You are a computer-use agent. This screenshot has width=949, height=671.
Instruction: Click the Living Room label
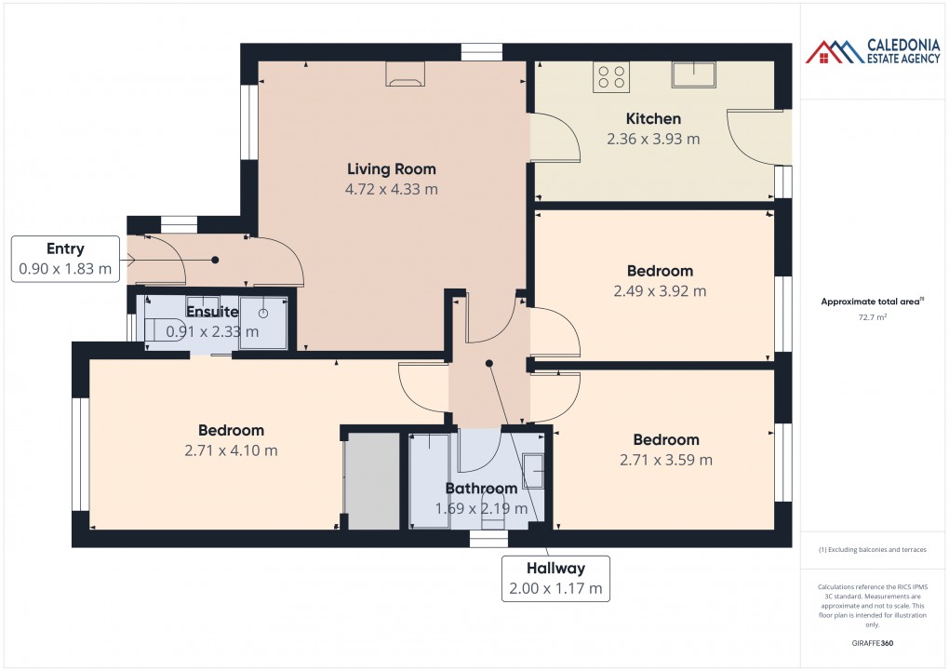tap(391, 169)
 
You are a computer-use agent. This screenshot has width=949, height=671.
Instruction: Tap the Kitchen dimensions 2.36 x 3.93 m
tap(653, 139)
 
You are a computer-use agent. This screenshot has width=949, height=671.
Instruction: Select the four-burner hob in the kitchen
tap(610, 76)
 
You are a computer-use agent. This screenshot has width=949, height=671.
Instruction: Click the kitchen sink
tap(694, 74)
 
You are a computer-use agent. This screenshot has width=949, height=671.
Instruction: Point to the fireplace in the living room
tap(405, 74)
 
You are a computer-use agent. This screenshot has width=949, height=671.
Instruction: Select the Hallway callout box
tap(555, 579)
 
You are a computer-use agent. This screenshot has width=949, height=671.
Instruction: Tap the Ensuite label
tap(212, 312)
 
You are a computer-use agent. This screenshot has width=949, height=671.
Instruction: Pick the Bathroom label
tap(480, 489)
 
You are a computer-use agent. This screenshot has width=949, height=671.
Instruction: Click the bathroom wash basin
tap(533, 470)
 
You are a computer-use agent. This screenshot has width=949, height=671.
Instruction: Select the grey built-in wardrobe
tap(371, 483)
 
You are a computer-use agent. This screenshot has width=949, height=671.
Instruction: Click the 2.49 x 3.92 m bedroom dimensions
tap(660, 291)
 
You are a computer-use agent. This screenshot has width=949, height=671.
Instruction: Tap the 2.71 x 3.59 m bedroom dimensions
tap(666, 460)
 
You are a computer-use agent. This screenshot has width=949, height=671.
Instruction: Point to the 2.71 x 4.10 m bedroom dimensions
tap(231, 450)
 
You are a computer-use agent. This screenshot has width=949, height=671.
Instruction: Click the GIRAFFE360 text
tap(873, 643)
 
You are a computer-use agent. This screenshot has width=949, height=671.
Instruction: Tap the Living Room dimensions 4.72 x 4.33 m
tap(391, 189)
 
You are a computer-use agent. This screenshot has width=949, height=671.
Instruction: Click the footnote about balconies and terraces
tap(873, 550)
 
